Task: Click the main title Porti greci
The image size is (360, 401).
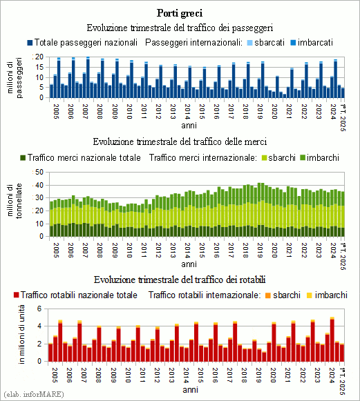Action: (180, 13)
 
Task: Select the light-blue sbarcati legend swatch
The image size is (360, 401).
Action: (250, 43)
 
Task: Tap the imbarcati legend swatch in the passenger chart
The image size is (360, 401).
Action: (293, 43)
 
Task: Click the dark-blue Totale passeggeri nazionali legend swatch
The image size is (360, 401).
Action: (30, 43)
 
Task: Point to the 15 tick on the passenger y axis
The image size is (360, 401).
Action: (39, 67)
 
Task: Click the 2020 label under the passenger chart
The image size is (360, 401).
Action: (274, 112)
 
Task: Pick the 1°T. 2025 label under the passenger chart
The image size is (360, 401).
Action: (343, 117)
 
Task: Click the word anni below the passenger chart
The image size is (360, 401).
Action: (189, 126)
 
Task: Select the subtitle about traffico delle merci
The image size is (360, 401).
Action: (180, 141)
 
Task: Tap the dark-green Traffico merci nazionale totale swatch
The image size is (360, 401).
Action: (23, 158)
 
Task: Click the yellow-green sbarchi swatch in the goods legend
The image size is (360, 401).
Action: (264, 158)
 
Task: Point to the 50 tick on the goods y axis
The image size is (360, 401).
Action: (39, 172)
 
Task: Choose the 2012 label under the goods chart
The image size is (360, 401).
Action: (158, 251)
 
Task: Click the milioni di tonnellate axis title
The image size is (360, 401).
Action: (15, 201)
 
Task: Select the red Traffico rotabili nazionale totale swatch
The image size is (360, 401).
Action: (17, 295)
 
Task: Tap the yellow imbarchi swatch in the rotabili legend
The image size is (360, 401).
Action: (310, 295)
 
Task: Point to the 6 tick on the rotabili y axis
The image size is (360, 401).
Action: (39, 309)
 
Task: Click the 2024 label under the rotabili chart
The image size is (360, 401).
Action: (332, 375)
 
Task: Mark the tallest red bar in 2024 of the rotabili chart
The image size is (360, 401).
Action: (332, 340)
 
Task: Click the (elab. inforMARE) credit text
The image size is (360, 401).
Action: (34, 394)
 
